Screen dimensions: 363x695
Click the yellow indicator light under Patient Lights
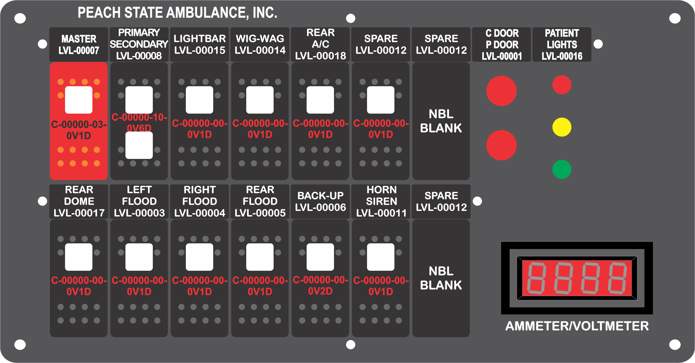click(x=562, y=127)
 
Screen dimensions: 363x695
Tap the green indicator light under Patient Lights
click(x=562, y=169)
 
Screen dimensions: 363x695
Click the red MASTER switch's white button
click(x=79, y=100)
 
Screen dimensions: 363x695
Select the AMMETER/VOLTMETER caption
click(x=577, y=326)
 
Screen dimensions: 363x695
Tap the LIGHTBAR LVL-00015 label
click(x=200, y=44)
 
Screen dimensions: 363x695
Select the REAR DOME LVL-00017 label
click(x=79, y=201)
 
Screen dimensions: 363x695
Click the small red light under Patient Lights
click(x=562, y=85)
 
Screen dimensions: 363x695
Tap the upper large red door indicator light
click(x=501, y=91)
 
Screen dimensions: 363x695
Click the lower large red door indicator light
click(x=501, y=145)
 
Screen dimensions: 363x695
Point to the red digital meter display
click(x=577, y=278)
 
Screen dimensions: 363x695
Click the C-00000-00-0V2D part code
click(x=320, y=285)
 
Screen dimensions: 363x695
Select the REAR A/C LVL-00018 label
click(x=320, y=44)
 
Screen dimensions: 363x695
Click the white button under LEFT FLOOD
click(x=139, y=257)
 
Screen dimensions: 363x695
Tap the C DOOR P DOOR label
click(x=502, y=45)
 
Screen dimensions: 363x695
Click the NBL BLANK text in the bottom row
click(x=441, y=278)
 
